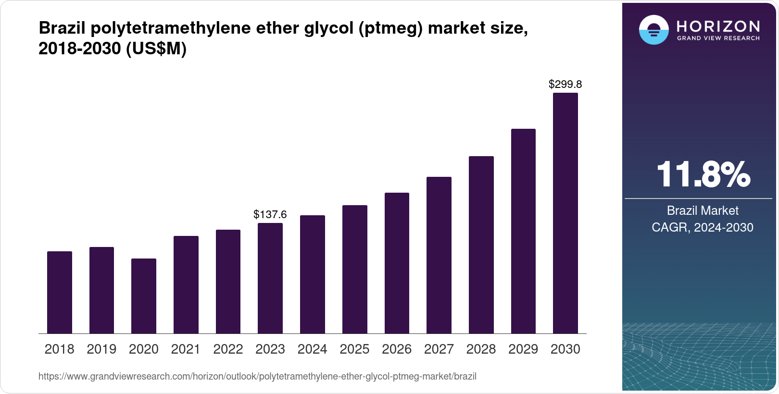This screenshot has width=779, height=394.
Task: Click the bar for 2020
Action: click(x=143, y=296)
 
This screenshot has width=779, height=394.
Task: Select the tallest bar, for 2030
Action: click(x=565, y=213)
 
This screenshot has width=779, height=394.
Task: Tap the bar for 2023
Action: click(x=270, y=278)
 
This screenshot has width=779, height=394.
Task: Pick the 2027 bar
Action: click(x=439, y=255)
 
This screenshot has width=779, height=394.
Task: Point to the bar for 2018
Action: click(x=60, y=292)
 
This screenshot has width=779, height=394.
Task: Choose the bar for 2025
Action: click(x=354, y=269)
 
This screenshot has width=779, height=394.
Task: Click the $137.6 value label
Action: click(x=270, y=214)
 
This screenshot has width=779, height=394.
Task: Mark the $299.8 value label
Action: click(x=565, y=85)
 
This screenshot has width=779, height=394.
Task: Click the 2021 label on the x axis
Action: click(x=186, y=349)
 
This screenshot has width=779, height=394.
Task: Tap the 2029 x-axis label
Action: click(x=523, y=349)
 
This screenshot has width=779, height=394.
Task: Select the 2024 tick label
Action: click(x=312, y=349)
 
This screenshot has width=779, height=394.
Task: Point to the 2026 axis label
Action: click(x=397, y=349)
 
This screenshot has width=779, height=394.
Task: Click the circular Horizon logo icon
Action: click(x=653, y=30)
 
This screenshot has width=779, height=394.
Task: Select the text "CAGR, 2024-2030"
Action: click(x=703, y=227)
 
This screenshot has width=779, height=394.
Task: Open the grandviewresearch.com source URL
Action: click(x=257, y=376)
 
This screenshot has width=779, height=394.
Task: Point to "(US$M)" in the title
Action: click(x=156, y=49)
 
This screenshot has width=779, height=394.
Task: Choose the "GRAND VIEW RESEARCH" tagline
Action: click(x=718, y=38)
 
